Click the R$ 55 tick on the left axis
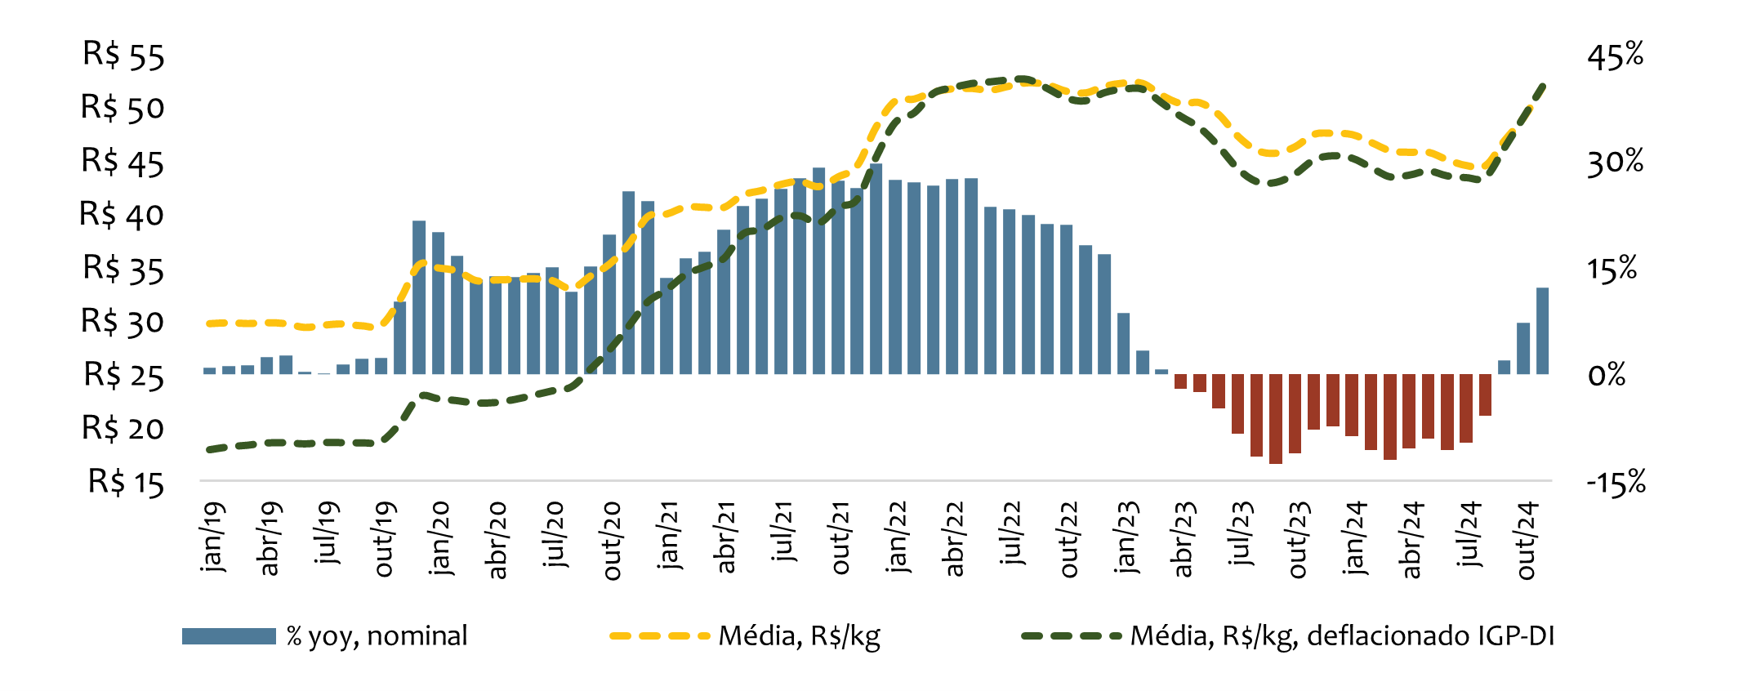123,55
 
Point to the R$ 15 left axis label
126,482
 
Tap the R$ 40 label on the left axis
122,214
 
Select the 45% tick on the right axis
1615,55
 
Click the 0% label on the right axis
1606,375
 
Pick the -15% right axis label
1615,482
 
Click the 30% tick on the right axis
1615,162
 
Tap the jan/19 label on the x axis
212,537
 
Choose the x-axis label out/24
1526,541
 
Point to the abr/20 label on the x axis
497,541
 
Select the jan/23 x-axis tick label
1126,537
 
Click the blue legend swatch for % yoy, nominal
229,636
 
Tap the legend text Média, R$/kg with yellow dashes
799,636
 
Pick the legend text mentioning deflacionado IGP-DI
1341,636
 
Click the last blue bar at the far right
1542,331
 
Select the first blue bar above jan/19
210,371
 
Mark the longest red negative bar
1275,419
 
